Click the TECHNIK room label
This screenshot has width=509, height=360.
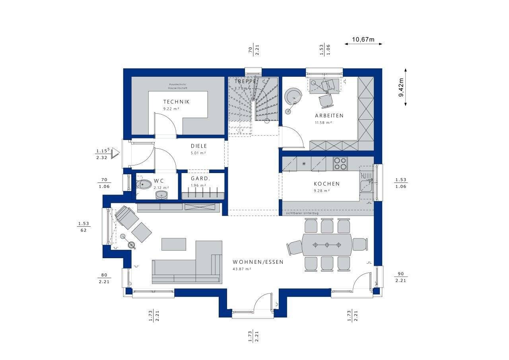pyautogui.click(x=176, y=102)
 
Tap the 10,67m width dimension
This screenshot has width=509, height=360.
pyautogui.click(x=363, y=39)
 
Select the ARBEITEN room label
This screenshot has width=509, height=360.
pyautogui.click(x=329, y=116)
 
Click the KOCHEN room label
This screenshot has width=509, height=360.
pyautogui.click(x=326, y=184)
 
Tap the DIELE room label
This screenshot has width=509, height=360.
pyautogui.click(x=198, y=146)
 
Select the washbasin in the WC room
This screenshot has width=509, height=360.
pyautogui.click(x=161, y=195)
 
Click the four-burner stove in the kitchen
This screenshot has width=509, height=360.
pyautogui.click(x=340, y=164)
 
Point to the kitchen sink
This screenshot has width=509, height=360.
pyautogui.click(x=366, y=186)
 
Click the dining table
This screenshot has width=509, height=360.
pyautogui.click(x=326, y=245)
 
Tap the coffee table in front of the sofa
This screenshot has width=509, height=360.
pyautogui.click(x=174, y=244)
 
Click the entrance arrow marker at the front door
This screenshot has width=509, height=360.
pyautogui.click(x=115, y=153)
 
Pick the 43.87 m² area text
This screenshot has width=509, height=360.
pyautogui.click(x=242, y=269)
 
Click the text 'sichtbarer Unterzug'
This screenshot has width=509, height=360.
pyautogui.click(x=303, y=214)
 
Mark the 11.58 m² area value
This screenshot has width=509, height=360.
pyautogui.click(x=323, y=123)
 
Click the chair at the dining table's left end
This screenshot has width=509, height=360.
pyautogui.click(x=294, y=247)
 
